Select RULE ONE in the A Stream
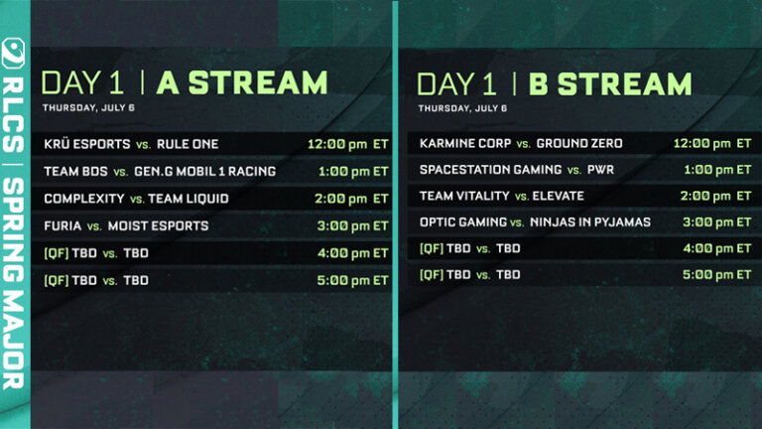188,144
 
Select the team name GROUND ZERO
579,144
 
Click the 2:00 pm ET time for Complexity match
352,199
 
